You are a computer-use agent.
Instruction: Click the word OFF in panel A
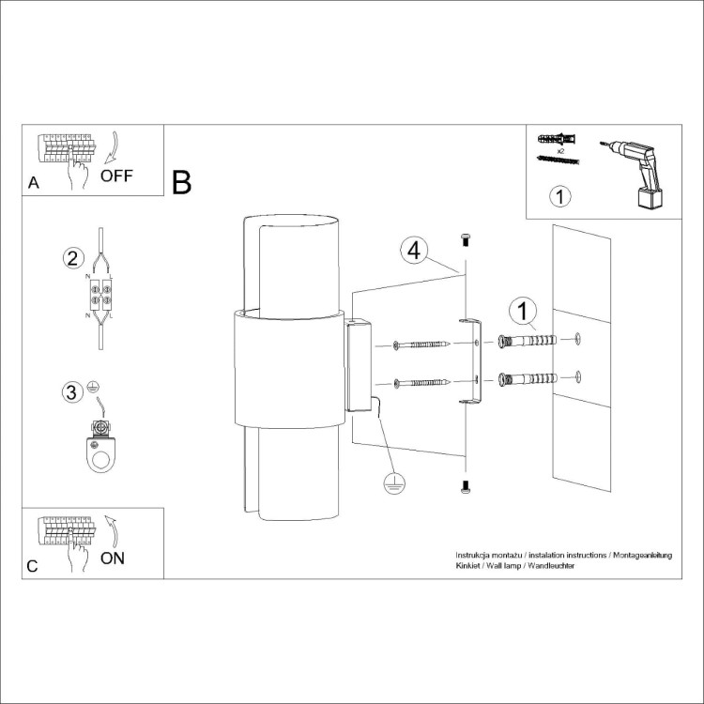pyautogui.click(x=117, y=176)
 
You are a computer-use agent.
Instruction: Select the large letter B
pyautogui.click(x=182, y=181)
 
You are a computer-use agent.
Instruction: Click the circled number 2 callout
pyautogui.click(x=74, y=258)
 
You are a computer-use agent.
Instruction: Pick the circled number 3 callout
pyautogui.click(x=71, y=391)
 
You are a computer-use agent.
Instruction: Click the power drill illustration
pyautogui.click(x=633, y=169)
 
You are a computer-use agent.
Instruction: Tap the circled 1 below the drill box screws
pyautogui.click(x=559, y=197)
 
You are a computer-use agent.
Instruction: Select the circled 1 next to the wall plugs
pyautogui.click(x=523, y=311)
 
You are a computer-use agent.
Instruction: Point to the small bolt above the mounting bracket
pyautogui.click(x=464, y=241)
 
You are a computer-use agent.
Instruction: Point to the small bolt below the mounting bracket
pyautogui.click(x=464, y=486)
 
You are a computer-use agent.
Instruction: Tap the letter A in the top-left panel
pyautogui.click(x=34, y=183)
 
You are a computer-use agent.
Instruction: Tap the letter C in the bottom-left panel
pyautogui.click(x=33, y=566)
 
